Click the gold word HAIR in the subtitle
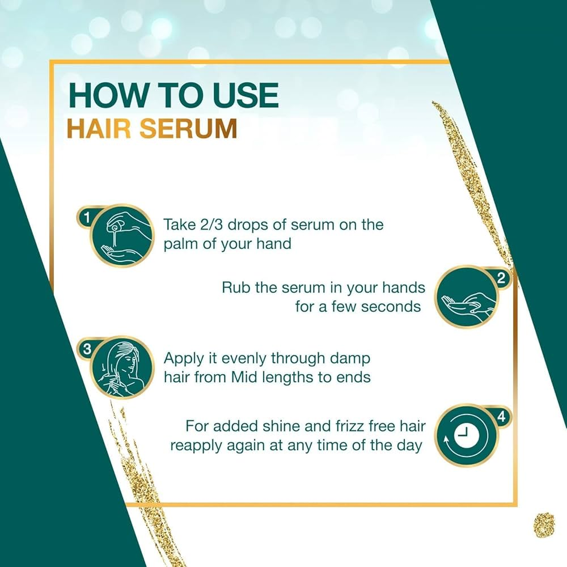[99, 128]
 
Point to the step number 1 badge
[87, 217]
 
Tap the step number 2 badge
[501, 278]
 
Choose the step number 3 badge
[87, 349]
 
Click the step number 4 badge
[501, 417]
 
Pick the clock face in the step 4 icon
[466, 434]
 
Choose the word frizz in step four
[345, 426]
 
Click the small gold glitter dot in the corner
[544, 524]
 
